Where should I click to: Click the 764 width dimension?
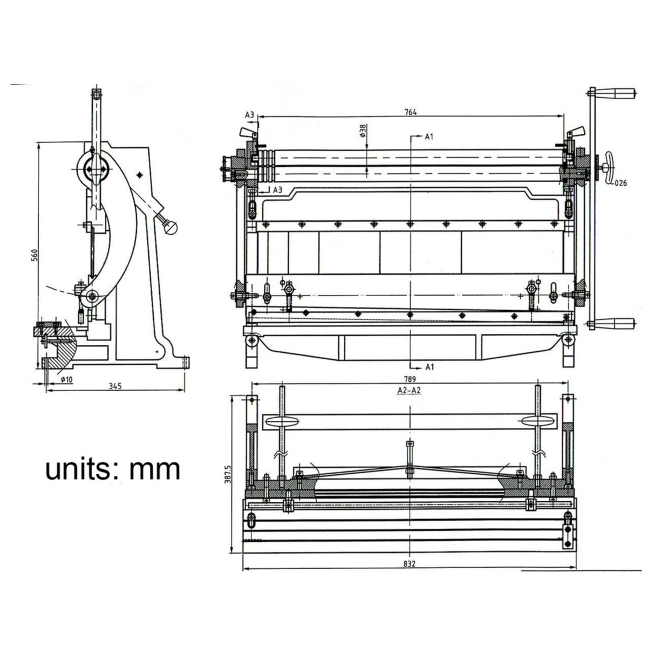tap(411, 112)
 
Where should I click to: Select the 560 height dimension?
tap(33, 255)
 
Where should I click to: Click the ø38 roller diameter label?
tap(363, 132)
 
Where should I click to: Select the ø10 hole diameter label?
tap(65, 379)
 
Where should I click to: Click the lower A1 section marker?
tap(429, 367)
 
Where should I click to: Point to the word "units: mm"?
tap(112, 468)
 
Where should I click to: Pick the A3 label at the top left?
tap(249, 115)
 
